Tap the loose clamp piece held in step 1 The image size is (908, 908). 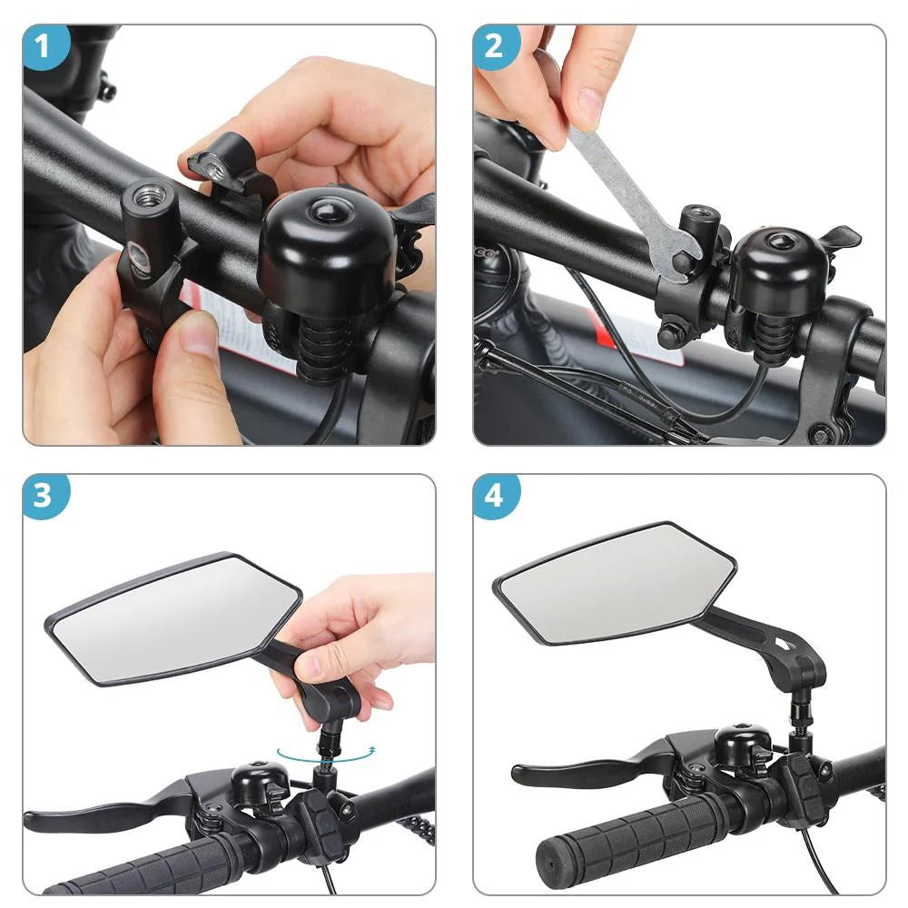(222, 163)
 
